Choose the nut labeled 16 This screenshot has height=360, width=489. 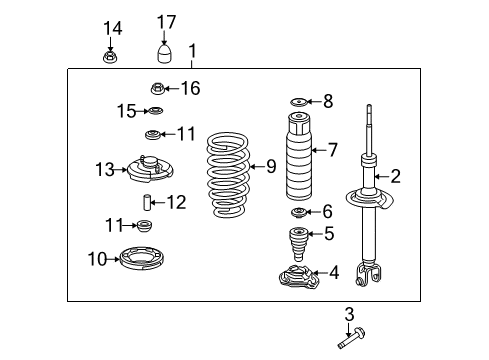coord(157,89)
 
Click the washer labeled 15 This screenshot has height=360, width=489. coord(155,111)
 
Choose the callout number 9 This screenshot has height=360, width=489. coord(270,166)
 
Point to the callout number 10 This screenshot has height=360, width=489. coord(96,260)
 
